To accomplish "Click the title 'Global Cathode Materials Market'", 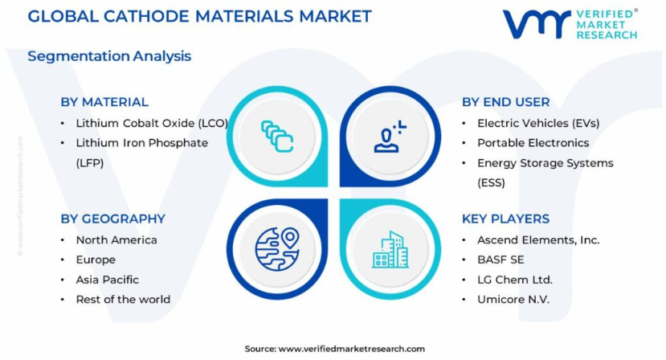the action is tap(199, 17).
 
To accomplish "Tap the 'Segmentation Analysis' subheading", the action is tap(109, 56).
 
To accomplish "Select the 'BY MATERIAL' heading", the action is tap(104, 102).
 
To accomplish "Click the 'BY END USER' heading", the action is tap(506, 102).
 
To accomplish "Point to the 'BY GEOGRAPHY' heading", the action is tap(113, 219).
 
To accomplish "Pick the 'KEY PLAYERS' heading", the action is tap(506, 219).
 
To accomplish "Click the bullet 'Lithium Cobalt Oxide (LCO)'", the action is tap(152, 123).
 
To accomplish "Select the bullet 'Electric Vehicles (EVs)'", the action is tap(538, 123).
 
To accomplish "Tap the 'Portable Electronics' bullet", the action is tap(533, 143).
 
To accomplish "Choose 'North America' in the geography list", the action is tap(116, 240).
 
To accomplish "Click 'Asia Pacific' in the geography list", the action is tap(108, 280).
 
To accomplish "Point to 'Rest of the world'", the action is tap(123, 300).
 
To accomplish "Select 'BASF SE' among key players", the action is tap(501, 260).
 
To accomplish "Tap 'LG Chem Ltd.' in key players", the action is tap(515, 280).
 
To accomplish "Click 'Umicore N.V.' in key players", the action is tap(513, 300).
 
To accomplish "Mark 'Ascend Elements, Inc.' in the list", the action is tap(538, 240).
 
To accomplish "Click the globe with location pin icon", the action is tap(277, 249).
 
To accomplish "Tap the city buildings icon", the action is tap(390, 250).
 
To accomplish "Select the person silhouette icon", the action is tap(390, 137).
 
